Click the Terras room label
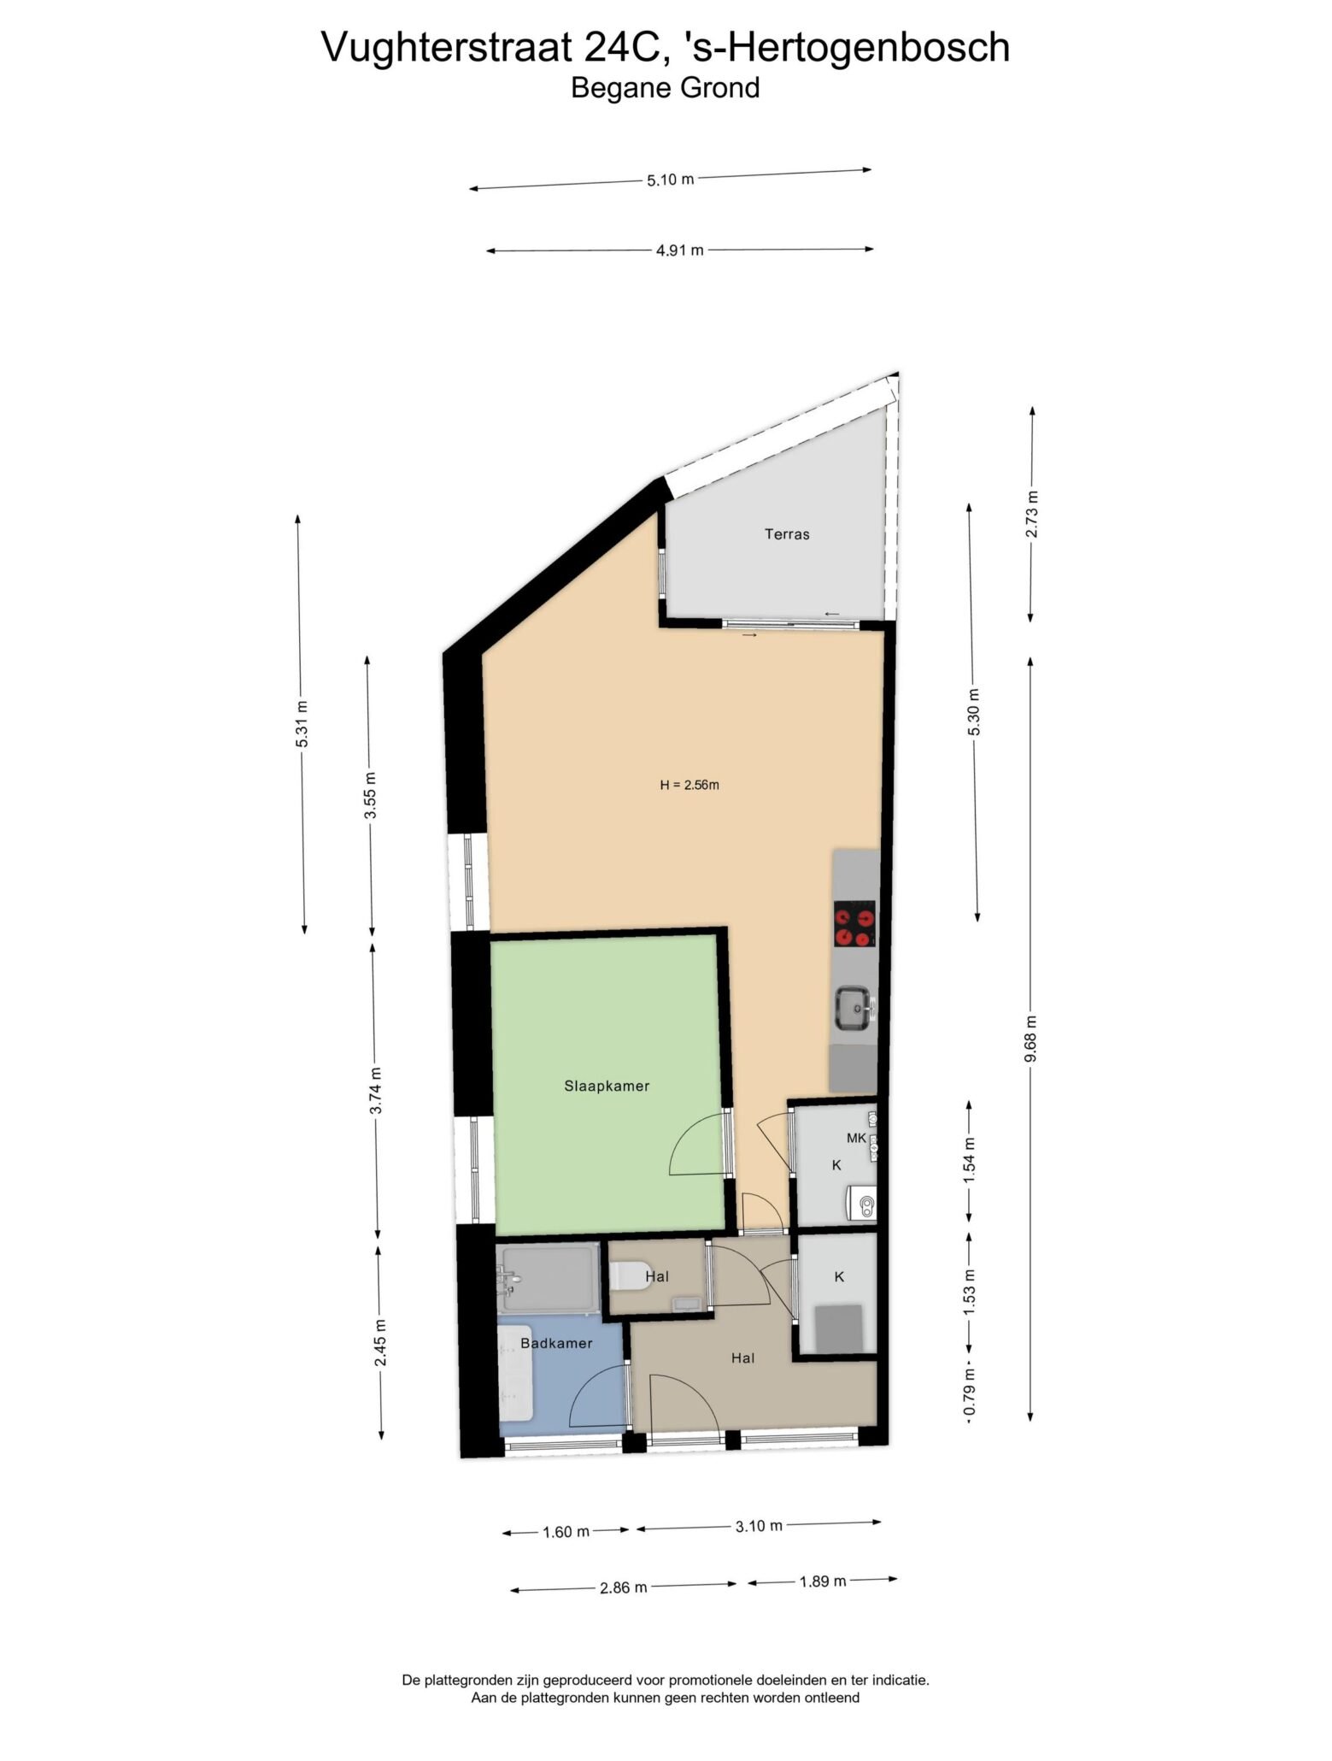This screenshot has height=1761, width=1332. [786, 534]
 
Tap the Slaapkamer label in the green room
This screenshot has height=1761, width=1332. [607, 1087]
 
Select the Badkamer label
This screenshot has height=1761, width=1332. [556, 1343]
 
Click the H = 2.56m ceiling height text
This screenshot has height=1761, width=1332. [689, 785]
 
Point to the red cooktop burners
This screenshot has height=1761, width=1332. [854, 924]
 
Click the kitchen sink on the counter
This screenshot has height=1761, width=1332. [853, 1006]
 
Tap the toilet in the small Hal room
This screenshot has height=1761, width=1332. [633, 1275]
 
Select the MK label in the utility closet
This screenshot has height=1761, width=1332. [856, 1138]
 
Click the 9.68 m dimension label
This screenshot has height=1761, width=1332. [1031, 1039]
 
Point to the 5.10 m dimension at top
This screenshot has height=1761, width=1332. [671, 180]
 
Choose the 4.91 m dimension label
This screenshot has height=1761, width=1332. [680, 250]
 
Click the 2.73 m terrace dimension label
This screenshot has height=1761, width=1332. [1032, 514]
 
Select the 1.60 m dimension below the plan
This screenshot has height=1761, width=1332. [566, 1532]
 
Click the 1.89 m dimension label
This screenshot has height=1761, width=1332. [823, 1581]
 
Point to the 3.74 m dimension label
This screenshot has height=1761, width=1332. [376, 1091]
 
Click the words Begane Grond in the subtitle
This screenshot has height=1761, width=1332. [666, 88]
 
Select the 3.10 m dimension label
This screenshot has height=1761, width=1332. [759, 1526]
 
